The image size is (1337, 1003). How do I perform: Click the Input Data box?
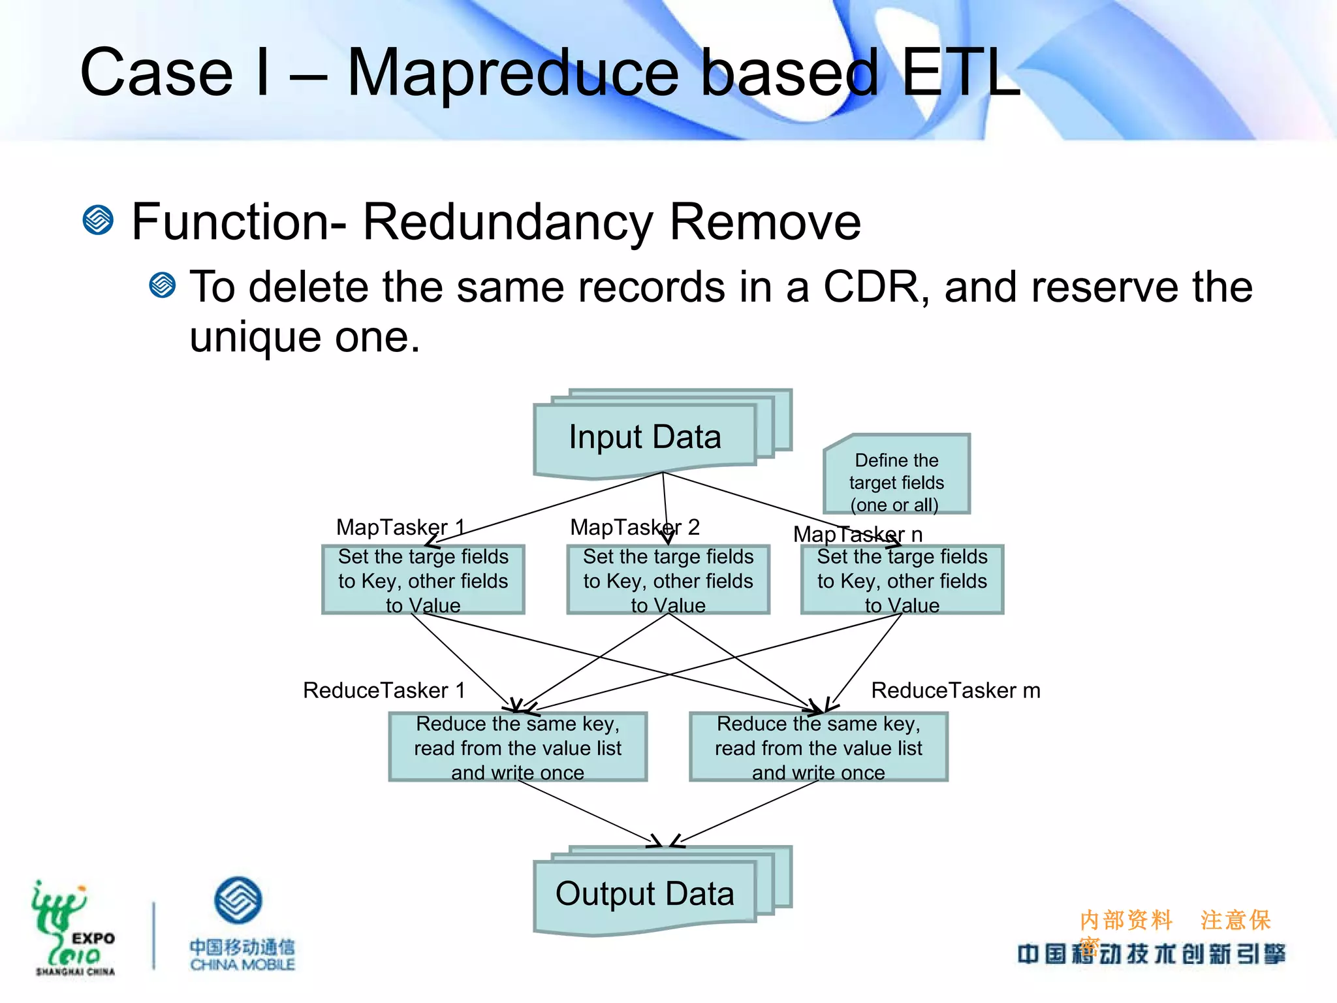pyautogui.click(x=645, y=438)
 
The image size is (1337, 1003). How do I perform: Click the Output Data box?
pyautogui.click(x=645, y=894)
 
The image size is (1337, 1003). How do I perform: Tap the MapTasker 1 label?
pyautogui.click(x=400, y=527)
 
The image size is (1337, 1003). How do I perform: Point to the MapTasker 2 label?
pyautogui.click(x=635, y=527)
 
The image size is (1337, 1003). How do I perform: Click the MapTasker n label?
pyautogui.click(x=858, y=534)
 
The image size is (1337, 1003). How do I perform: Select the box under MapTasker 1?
pyautogui.click(x=423, y=580)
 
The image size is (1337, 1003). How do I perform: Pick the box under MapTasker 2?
pyautogui.click(x=668, y=580)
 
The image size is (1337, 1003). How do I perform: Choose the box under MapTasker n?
pyautogui.click(x=902, y=580)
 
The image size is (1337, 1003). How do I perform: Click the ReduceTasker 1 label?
pyautogui.click(x=384, y=690)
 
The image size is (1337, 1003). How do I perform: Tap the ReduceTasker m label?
pyautogui.click(x=955, y=690)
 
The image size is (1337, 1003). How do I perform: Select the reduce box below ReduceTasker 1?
pyautogui.click(x=518, y=747)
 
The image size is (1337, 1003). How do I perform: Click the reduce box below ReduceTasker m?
pyautogui.click(x=818, y=747)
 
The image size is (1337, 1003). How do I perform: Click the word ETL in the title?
pyautogui.click(x=960, y=73)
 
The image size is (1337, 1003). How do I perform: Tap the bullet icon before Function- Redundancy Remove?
pyautogui.click(x=99, y=220)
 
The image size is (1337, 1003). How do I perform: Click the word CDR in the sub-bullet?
pyautogui.click(x=871, y=287)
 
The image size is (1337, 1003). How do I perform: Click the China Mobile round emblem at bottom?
pyautogui.click(x=238, y=900)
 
